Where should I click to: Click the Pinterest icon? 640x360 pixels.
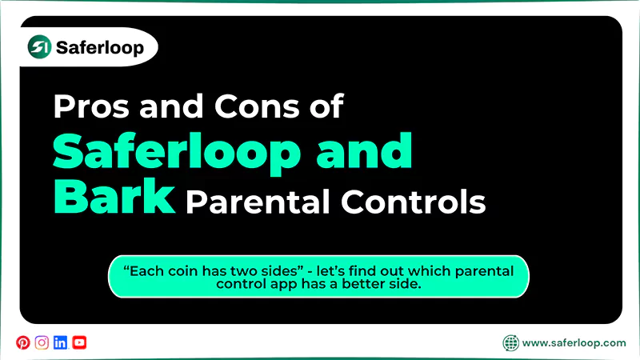pos(22,342)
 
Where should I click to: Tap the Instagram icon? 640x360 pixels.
pos(42,342)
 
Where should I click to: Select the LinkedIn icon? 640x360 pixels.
pos(60,342)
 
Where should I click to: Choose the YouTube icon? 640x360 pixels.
pos(79,342)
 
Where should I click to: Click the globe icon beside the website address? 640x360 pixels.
pos(510,343)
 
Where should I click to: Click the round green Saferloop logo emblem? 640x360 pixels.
pos(39,48)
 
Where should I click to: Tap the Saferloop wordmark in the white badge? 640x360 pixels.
pos(100,48)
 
